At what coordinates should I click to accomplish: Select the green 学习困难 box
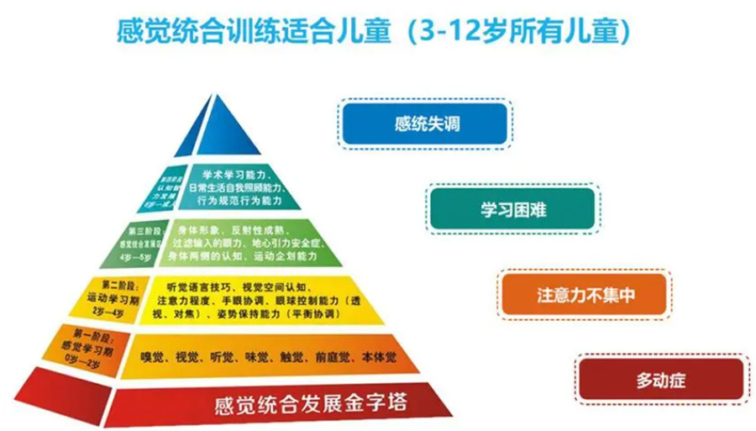(513, 208)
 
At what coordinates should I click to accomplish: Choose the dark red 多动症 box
(661, 380)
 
